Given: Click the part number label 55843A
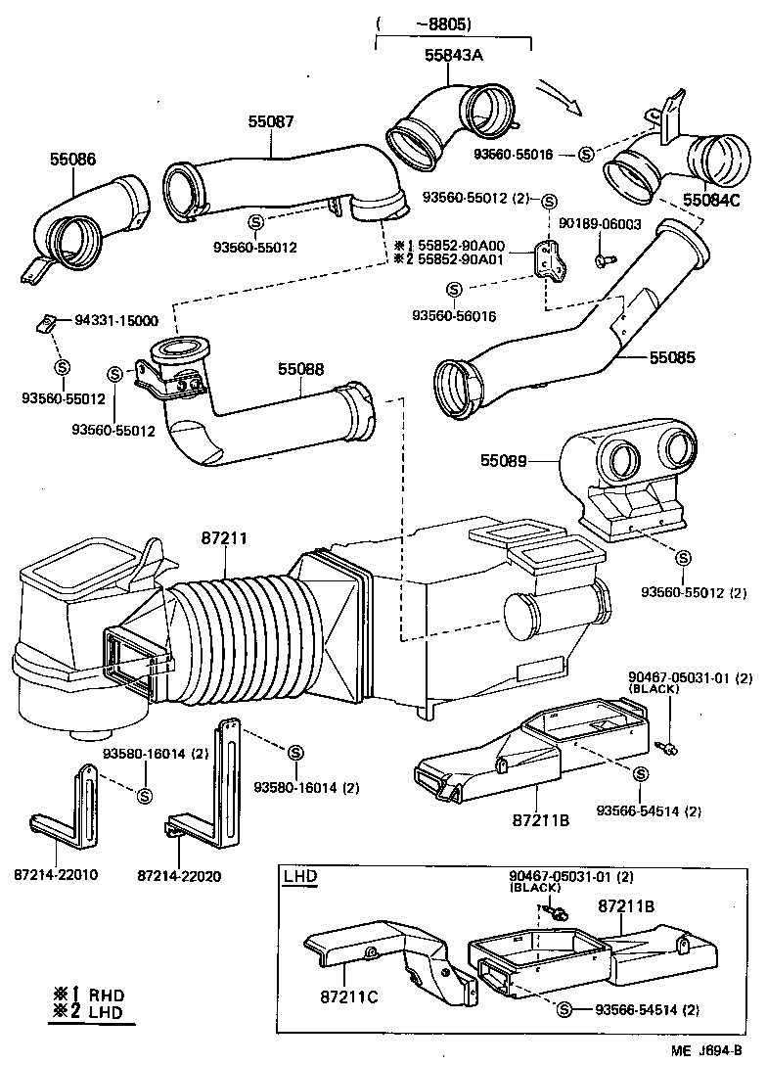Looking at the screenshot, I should coord(454,56).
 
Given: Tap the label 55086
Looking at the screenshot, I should coord(73,159).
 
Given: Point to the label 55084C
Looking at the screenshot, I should coord(712,200).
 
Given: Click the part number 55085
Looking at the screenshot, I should coord(673,358).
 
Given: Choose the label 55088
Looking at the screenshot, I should coord(301,369).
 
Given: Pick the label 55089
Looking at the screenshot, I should coord(504,459).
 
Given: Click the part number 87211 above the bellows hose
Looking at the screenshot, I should coord(224,538).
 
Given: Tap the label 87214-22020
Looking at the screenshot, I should coord(179,874).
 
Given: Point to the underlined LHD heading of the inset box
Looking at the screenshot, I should coord(299,877).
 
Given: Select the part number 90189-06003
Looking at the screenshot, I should coord(600,224).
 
